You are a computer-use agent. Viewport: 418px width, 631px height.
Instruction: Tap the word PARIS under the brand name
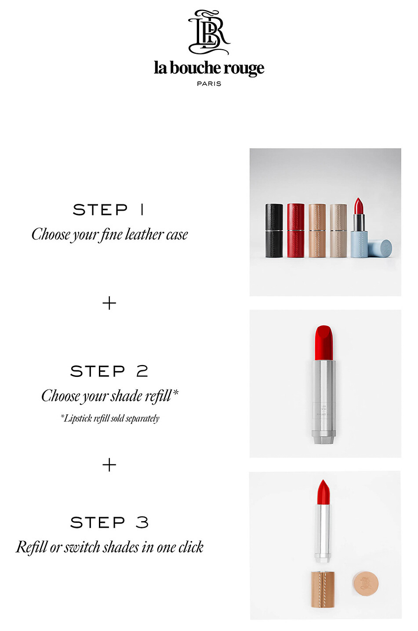coord(209,84)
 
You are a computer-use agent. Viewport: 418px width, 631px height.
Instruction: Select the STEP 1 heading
coord(109,210)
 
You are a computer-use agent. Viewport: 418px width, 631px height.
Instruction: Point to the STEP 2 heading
coord(109,371)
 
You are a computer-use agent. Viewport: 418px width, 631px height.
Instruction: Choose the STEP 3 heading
coord(109,522)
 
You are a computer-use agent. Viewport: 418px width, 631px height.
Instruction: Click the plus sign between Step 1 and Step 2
coord(109,303)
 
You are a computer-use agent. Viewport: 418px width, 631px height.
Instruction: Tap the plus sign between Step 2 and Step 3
coord(109,465)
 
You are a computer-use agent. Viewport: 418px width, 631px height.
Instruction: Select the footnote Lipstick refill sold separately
coord(110,418)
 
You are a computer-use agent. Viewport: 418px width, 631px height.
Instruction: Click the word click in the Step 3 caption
coord(191,547)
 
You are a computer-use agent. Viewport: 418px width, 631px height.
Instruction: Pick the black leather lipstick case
coord(274,230)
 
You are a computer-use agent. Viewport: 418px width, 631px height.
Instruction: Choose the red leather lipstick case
coord(295,230)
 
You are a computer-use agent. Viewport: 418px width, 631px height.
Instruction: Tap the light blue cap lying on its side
coord(381,248)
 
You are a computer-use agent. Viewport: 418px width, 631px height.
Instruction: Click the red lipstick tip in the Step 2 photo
coord(324,342)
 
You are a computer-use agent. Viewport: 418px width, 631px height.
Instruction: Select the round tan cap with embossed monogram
coord(366,584)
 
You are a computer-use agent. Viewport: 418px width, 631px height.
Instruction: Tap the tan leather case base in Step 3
coord(323,589)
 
